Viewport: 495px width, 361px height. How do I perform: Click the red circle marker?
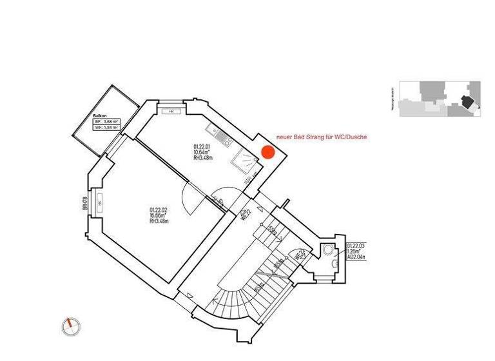coord(267,153)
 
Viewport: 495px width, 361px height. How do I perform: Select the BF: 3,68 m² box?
coord(106,121)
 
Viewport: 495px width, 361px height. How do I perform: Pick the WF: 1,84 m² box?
coord(106,128)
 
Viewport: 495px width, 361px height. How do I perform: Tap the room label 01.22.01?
coord(202,146)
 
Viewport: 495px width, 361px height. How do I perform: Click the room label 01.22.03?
coord(356,246)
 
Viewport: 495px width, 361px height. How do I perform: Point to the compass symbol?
coord(71,326)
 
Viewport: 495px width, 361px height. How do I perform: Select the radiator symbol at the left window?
coord(99,203)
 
